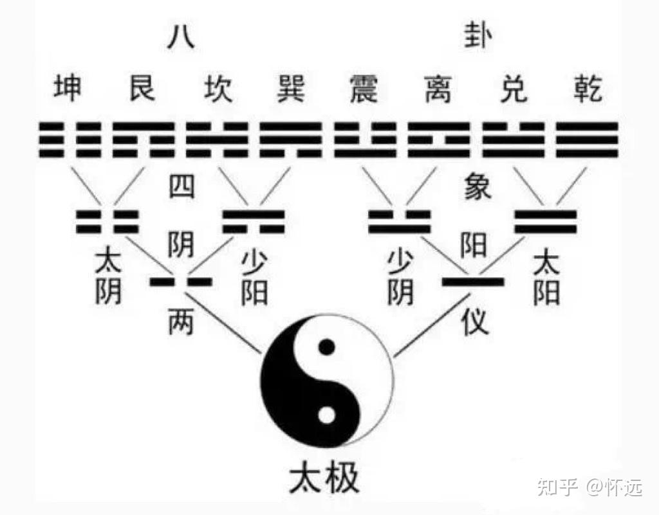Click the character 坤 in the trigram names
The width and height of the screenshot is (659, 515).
pyautogui.click(x=68, y=88)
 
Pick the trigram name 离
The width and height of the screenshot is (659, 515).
pyautogui.click(x=438, y=88)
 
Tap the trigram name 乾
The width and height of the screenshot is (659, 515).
pyautogui.click(x=587, y=88)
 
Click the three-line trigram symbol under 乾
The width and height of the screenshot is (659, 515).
pyautogui.click(x=587, y=140)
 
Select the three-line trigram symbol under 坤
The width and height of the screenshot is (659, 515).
pyautogui.click(x=68, y=140)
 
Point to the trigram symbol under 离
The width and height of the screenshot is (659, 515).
pyautogui.click(x=438, y=140)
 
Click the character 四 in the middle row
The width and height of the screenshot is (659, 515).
pyautogui.click(x=181, y=187)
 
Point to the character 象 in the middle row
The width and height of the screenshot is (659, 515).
pyautogui.click(x=477, y=187)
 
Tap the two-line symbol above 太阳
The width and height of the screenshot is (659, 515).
pyautogui.click(x=546, y=221)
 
